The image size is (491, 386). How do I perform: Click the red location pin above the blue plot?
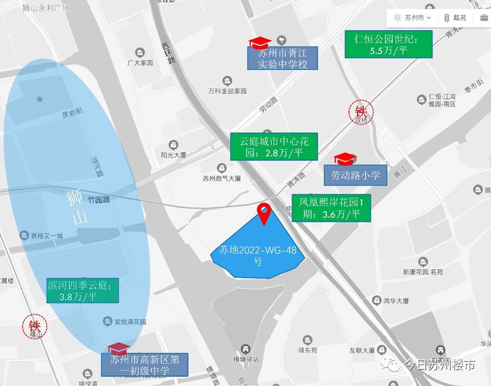[264, 213]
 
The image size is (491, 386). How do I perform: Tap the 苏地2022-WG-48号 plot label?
[258, 255]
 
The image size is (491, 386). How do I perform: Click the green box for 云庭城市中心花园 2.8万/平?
[274, 147]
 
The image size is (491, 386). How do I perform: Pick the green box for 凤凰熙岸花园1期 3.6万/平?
[331, 208]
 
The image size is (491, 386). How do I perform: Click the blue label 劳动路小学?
[355, 175]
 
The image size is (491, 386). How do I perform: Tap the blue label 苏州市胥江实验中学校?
[282, 58]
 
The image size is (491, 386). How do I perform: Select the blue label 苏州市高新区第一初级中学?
[145, 365]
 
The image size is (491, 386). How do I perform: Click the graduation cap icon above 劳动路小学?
[345, 159]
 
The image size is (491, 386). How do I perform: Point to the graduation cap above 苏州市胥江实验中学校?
[260, 42]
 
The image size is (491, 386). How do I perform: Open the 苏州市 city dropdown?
[413, 18]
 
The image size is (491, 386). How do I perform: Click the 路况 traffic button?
[455, 18]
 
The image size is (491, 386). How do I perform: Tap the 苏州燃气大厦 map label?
[221, 177]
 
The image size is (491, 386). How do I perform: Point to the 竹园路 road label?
[99, 200]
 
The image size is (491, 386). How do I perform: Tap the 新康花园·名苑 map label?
[423, 272]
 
